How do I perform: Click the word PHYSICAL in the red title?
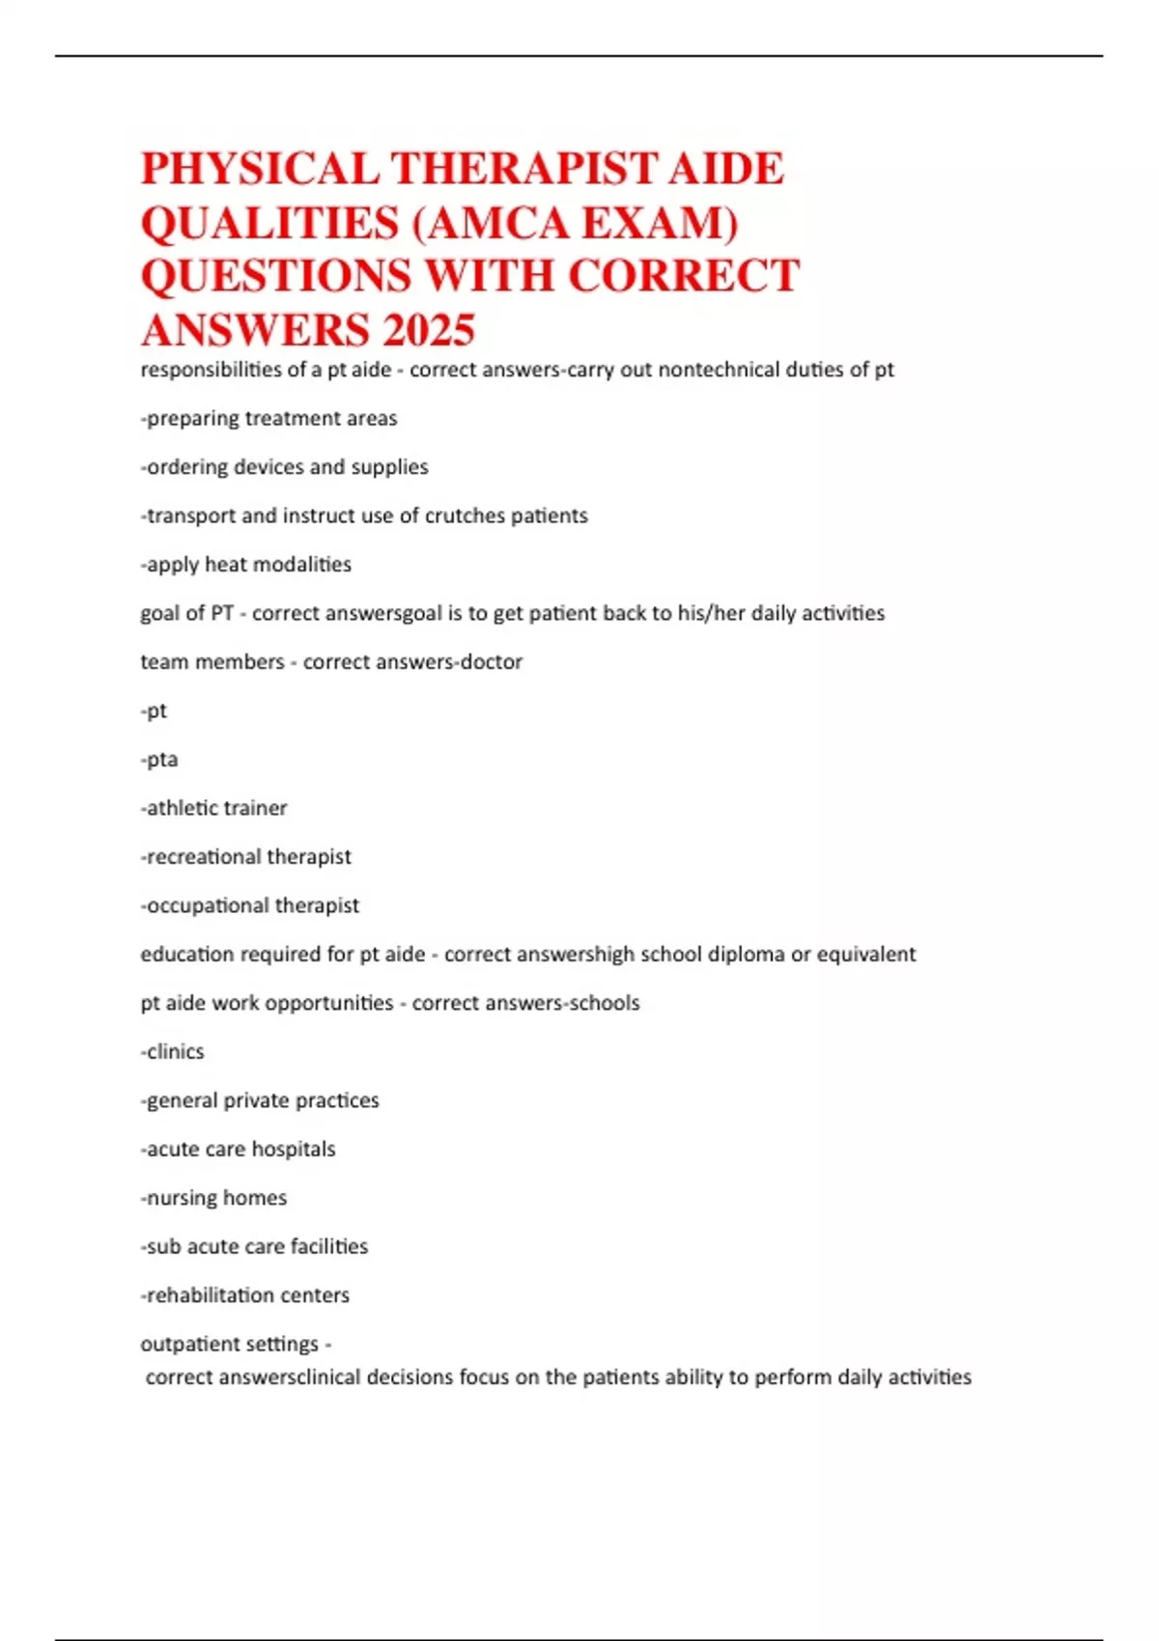point(260,169)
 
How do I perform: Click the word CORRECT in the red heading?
point(684,276)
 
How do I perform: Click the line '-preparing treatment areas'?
point(269,419)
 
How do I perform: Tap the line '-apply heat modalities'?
point(246,565)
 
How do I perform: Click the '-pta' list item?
point(159,760)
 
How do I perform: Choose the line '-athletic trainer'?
point(213,808)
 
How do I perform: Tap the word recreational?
point(203,857)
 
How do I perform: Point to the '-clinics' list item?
point(173,1052)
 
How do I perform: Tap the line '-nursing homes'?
point(213,1198)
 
